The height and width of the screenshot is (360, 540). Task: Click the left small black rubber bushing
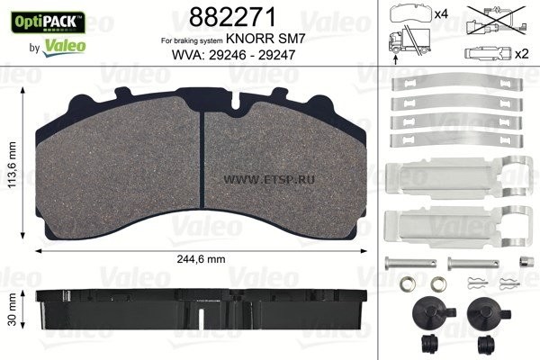click(x=427, y=344)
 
